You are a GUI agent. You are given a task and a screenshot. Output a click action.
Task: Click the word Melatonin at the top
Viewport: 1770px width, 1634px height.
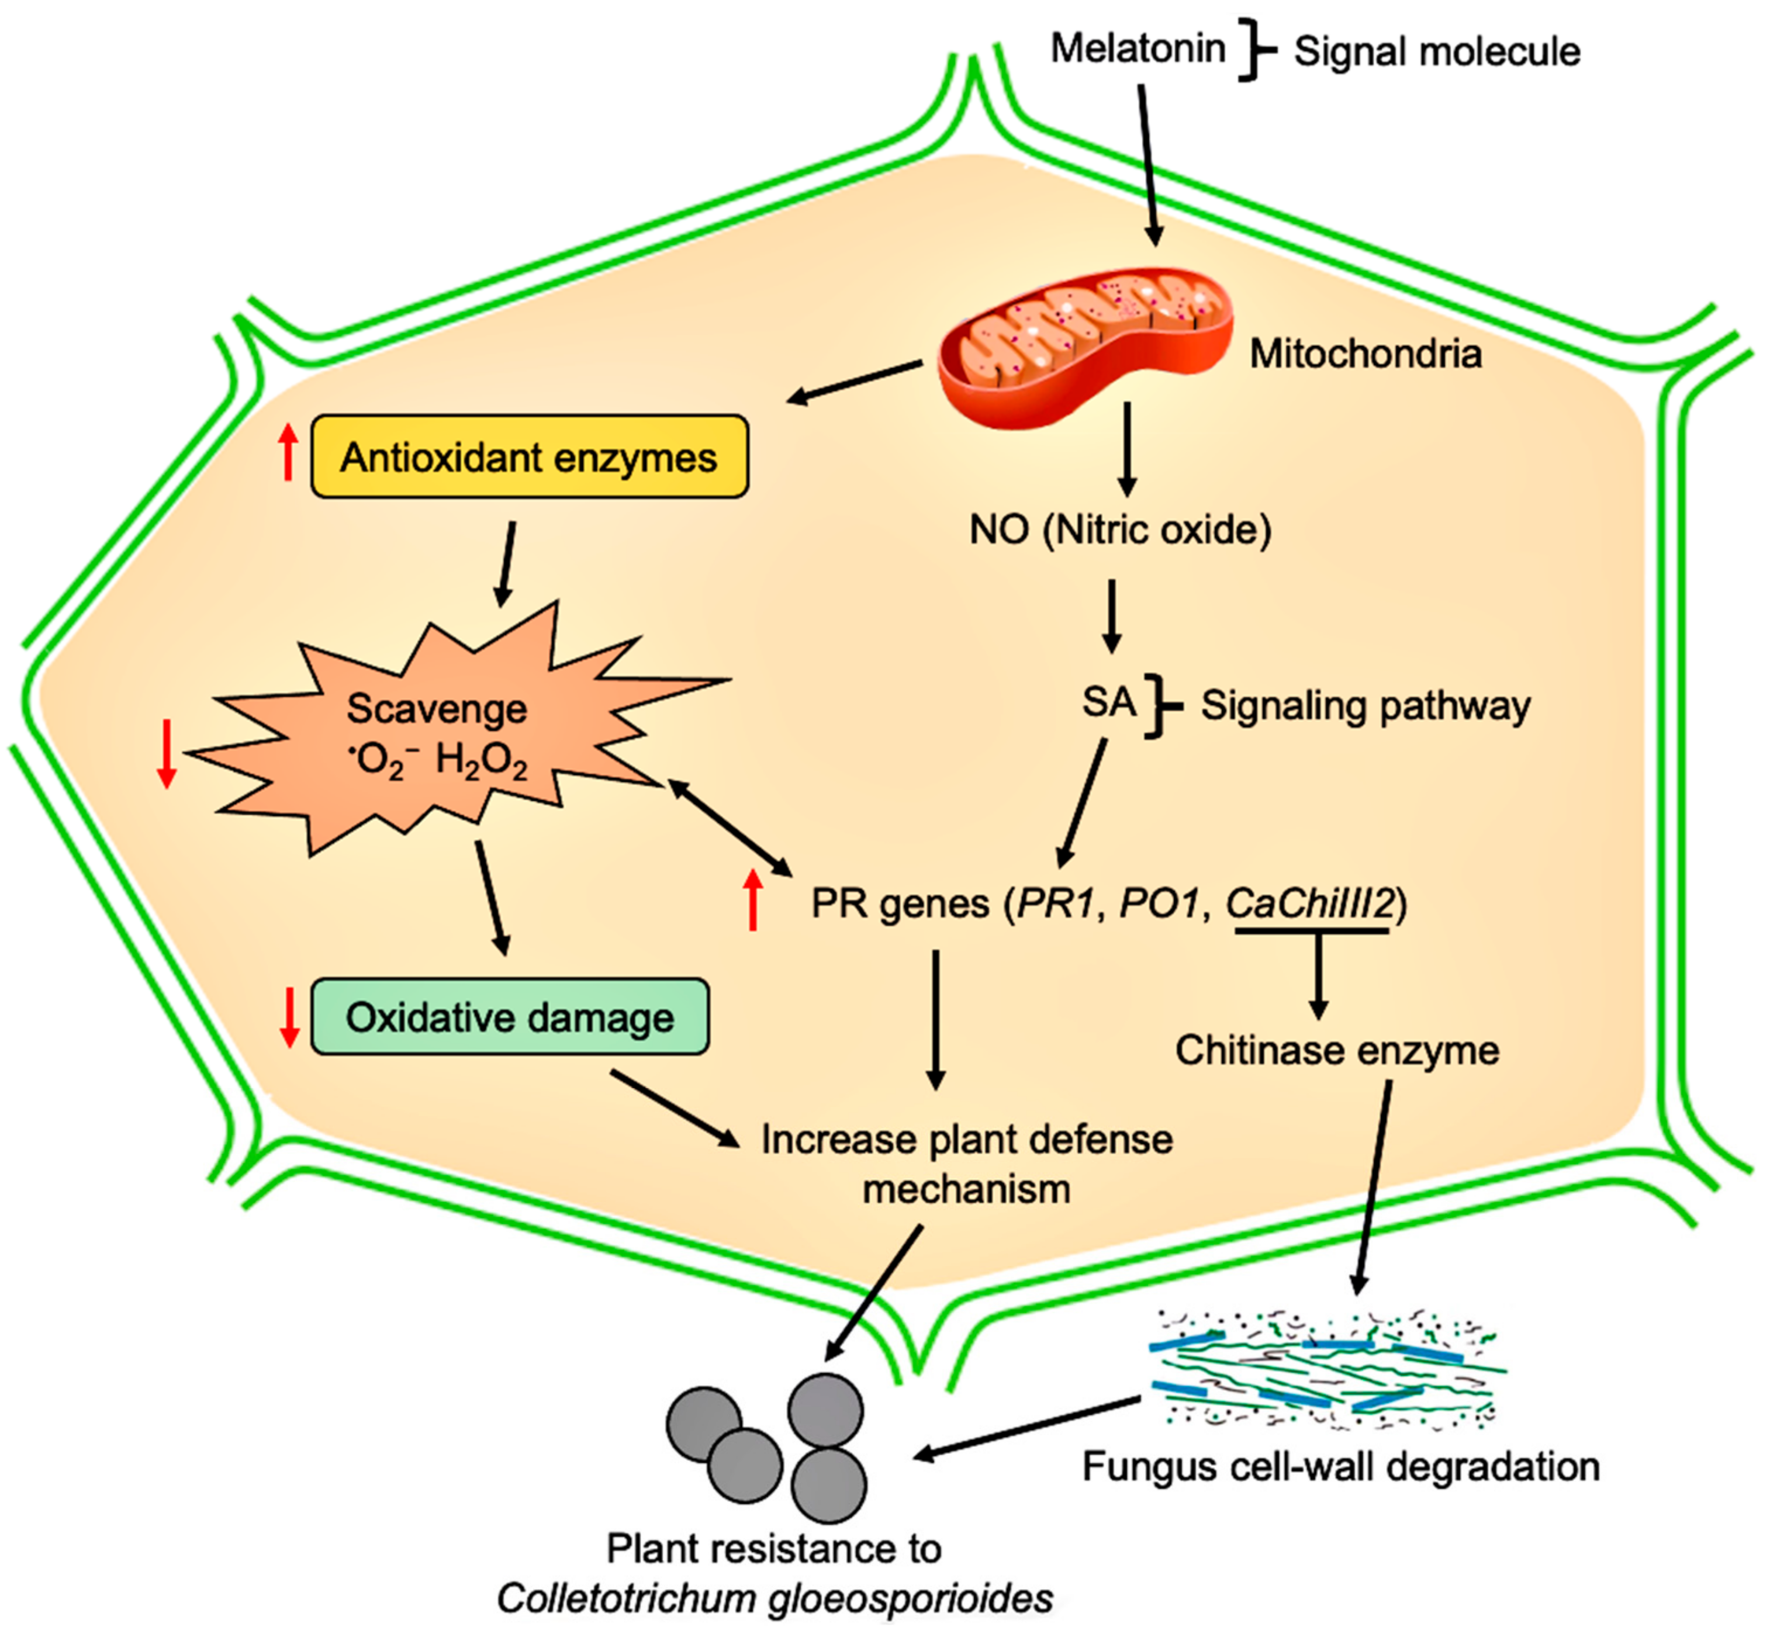coord(1138,49)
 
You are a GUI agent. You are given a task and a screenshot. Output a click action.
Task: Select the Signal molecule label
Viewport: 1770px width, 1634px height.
coord(1437,52)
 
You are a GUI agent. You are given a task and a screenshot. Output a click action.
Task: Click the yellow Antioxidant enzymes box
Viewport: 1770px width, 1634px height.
coord(529,457)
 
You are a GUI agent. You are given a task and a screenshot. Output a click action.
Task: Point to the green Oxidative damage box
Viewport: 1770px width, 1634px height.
coord(510,1017)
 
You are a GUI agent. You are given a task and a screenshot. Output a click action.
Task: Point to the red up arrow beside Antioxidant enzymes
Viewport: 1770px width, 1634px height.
coord(288,452)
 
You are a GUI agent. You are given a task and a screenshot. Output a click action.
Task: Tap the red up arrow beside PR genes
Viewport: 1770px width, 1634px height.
coord(753,900)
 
